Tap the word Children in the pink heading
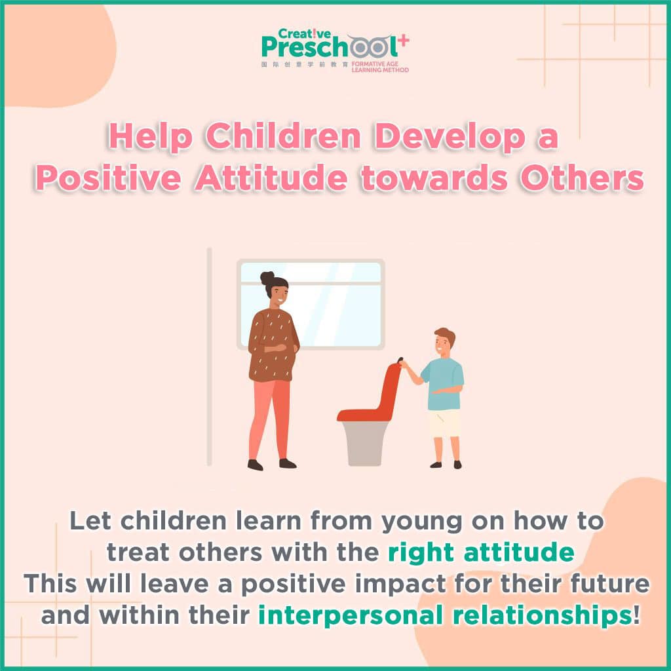(x=283, y=136)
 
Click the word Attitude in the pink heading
(x=271, y=178)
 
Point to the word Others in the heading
(x=582, y=178)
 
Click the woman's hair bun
(x=267, y=278)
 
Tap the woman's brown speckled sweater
(x=273, y=345)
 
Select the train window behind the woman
(x=311, y=304)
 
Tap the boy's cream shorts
(x=444, y=423)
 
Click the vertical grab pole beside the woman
(x=209, y=356)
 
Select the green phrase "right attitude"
(x=481, y=552)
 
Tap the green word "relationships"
(x=542, y=615)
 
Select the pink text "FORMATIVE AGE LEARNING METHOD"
(x=380, y=67)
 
